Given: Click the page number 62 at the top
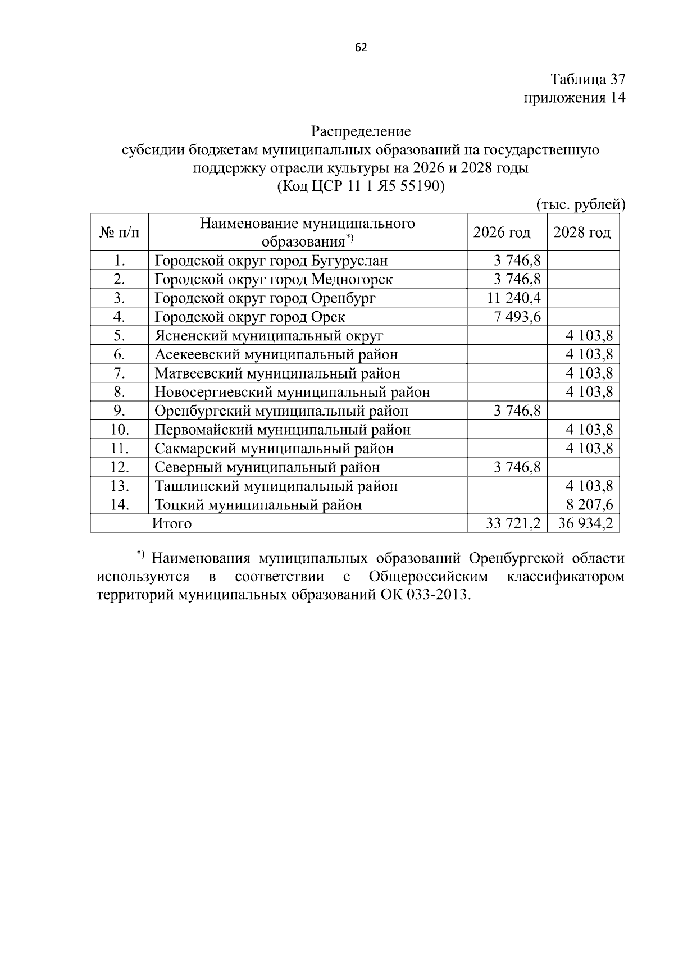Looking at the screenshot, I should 361,48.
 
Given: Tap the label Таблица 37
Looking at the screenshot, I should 588,79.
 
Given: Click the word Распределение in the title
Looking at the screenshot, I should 361,131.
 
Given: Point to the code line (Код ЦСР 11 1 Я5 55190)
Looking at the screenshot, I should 361,186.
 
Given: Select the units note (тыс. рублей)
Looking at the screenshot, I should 580,204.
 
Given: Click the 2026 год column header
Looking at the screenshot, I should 502,232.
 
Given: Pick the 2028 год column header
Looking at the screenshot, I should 582,232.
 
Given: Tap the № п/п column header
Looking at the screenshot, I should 119,232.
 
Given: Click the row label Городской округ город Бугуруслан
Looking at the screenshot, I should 271,261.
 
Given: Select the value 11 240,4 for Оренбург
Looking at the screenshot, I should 514,298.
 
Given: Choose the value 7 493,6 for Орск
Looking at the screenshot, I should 517,317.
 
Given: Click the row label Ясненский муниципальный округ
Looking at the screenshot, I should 269,336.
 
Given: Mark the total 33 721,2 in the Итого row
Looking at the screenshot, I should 513,524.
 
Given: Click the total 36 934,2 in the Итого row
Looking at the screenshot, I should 586,524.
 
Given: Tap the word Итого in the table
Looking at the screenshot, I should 172,524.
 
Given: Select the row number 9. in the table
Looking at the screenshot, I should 119,411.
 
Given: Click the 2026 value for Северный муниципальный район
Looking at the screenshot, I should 517,467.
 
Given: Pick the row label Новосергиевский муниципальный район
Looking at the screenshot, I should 292,393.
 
